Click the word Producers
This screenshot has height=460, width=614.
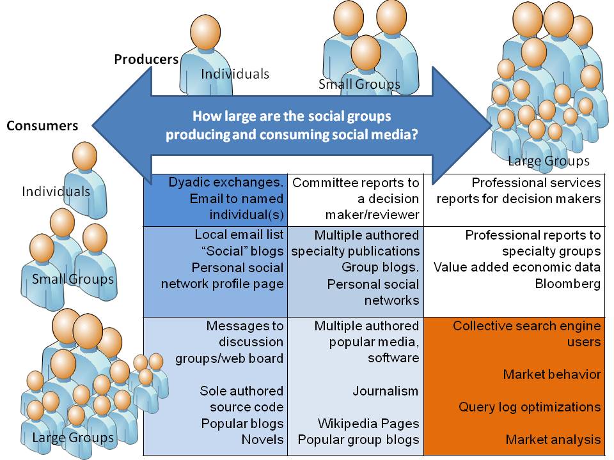click(x=146, y=59)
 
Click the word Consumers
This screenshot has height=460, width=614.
click(x=42, y=126)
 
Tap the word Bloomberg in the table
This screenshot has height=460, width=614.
click(x=568, y=284)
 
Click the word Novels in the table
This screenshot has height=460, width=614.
click(x=262, y=440)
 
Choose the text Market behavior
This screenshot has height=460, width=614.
click(x=551, y=374)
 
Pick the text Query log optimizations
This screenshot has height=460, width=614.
click(x=530, y=407)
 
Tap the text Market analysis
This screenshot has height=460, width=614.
click(x=553, y=440)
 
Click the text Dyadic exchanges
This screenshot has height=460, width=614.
click(x=226, y=183)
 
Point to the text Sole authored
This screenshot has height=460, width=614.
click(x=241, y=391)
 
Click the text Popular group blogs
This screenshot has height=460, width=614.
click(x=358, y=440)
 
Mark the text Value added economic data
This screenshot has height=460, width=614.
click(x=517, y=268)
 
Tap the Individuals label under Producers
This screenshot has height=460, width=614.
click(x=235, y=74)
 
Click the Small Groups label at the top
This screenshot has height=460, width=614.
click(x=359, y=84)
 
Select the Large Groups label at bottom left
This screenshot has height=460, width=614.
click(x=73, y=438)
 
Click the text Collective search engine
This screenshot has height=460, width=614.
click(x=526, y=326)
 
